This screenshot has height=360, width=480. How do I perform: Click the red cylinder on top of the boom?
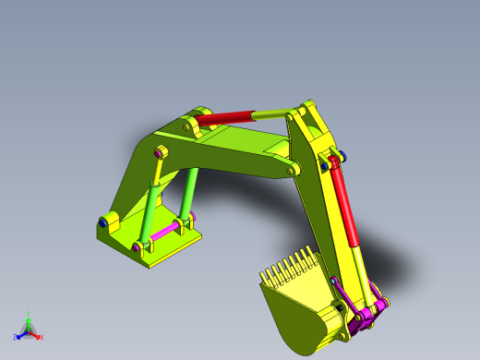pyautogui.click(x=226, y=117)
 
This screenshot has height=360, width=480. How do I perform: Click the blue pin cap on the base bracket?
pyautogui.click(x=101, y=222)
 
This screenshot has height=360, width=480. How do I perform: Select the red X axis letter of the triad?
pyautogui.click(x=41, y=337)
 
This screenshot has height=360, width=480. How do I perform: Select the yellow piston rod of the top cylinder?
pyautogui.click(x=270, y=114)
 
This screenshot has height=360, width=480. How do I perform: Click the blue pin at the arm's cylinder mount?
pyautogui.click(x=343, y=154)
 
